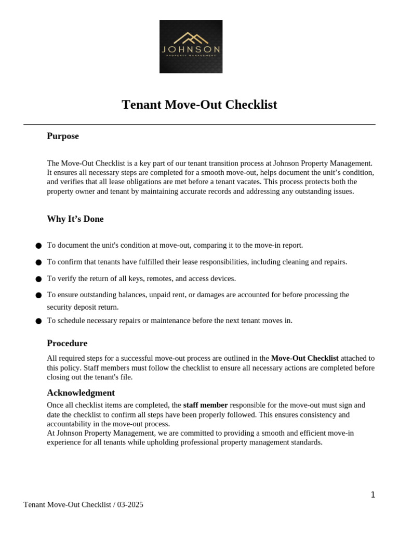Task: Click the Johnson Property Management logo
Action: coord(191,46)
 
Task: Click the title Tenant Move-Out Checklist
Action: coord(199,105)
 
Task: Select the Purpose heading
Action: coord(63,136)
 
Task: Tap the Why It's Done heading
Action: coord(75,219)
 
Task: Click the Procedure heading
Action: coord(67,344)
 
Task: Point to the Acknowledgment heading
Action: coord(81,393)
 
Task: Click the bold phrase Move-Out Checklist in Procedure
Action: coord(304,359)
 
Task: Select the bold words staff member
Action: coord(205,405)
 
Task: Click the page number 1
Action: coord(373,495)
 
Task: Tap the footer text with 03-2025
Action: coord(83,505)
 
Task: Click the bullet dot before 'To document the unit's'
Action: coord(38,246)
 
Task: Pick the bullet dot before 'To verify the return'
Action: coord(38,279)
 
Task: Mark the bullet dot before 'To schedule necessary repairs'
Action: coord(38,321)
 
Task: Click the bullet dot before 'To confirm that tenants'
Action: coord(38,262)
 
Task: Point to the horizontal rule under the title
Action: coord(199,125)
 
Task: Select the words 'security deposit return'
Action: coord(83,307)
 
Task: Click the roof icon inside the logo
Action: coord(191,38)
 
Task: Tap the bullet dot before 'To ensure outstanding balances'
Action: coord(38,295)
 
